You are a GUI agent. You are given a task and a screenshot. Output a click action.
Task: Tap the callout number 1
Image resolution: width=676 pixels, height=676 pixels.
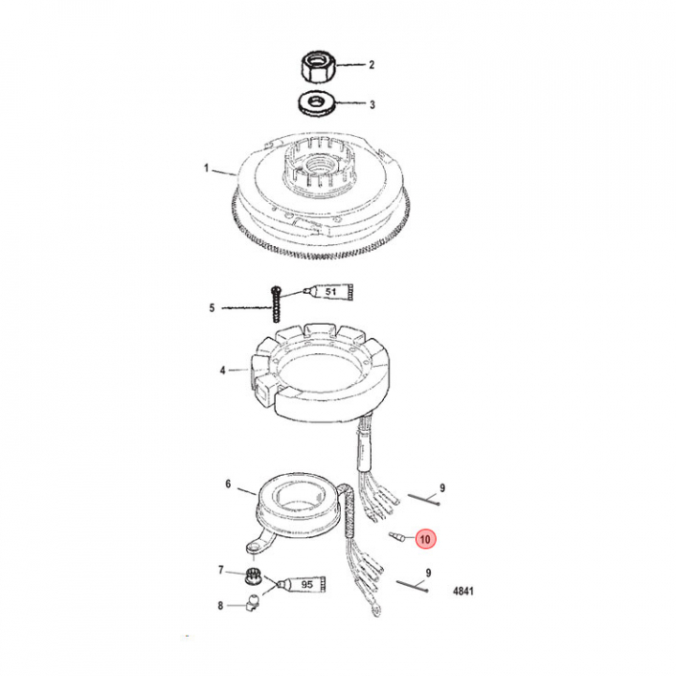point(207,168)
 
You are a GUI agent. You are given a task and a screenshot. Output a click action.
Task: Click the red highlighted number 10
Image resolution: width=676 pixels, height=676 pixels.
point(425,539)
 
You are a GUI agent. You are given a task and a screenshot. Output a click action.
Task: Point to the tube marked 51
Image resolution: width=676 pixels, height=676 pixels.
point(330,292)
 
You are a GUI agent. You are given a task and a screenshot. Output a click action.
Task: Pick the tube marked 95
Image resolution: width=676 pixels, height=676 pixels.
point(301,584)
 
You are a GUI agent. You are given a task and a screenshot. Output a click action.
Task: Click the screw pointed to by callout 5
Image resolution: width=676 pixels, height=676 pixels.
point(275,305)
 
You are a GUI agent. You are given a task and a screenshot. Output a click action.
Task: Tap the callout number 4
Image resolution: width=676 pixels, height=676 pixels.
point(223,370)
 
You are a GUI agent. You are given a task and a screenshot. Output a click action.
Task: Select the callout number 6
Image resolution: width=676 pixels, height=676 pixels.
point(228,484)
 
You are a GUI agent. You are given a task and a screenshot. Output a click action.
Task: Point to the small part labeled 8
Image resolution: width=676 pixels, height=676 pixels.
point(253,602)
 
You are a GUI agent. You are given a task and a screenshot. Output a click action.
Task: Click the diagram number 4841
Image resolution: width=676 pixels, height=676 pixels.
point(463,591)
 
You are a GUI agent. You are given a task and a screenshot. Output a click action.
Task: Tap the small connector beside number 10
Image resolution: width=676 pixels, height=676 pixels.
point(396,537)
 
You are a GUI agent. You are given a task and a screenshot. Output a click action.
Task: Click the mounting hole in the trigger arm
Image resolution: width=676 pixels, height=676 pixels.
point(253,547)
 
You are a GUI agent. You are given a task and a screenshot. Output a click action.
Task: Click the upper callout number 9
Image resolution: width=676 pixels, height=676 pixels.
point(442,488)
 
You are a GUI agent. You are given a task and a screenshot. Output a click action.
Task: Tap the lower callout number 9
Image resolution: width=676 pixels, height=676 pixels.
point(428,573)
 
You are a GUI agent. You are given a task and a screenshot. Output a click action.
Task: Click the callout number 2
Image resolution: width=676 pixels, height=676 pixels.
point(371,65)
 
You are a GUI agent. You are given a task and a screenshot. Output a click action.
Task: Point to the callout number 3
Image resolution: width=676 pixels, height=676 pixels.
point(372,104)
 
